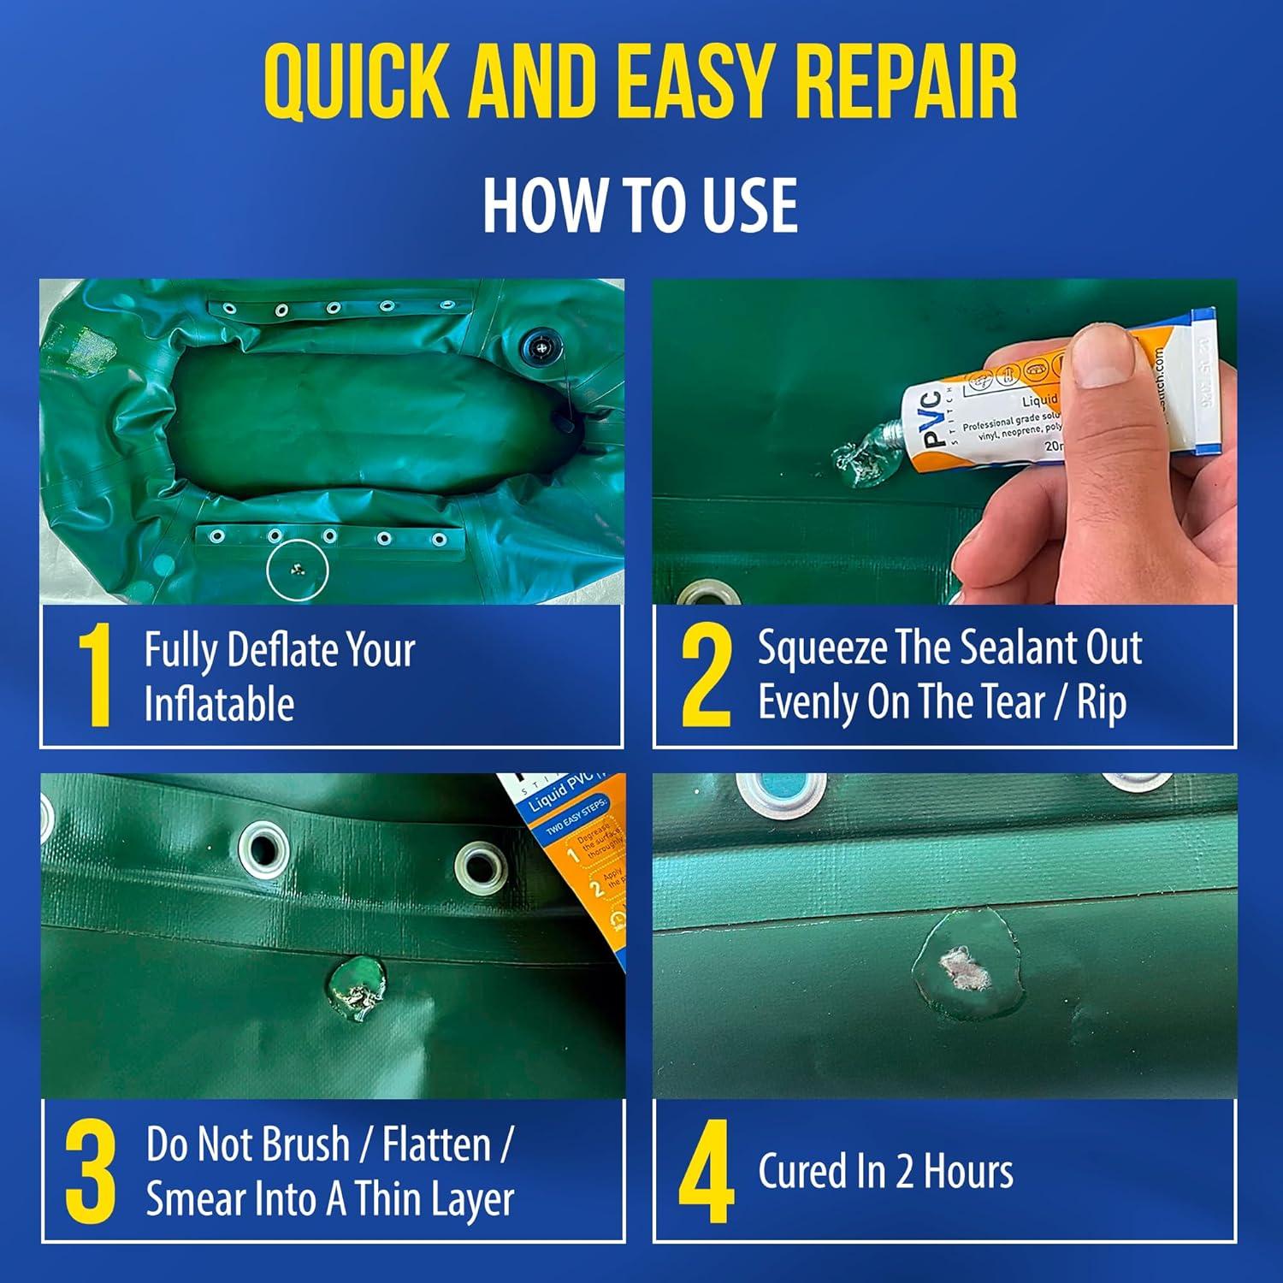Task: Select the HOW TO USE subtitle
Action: click(640, 205)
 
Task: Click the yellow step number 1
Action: click(95, 676)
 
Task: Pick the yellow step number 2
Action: click(706, 676)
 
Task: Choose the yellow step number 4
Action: click(706, 1172)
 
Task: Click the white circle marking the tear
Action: click(297, 569)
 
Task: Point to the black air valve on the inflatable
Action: click(539, 348)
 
